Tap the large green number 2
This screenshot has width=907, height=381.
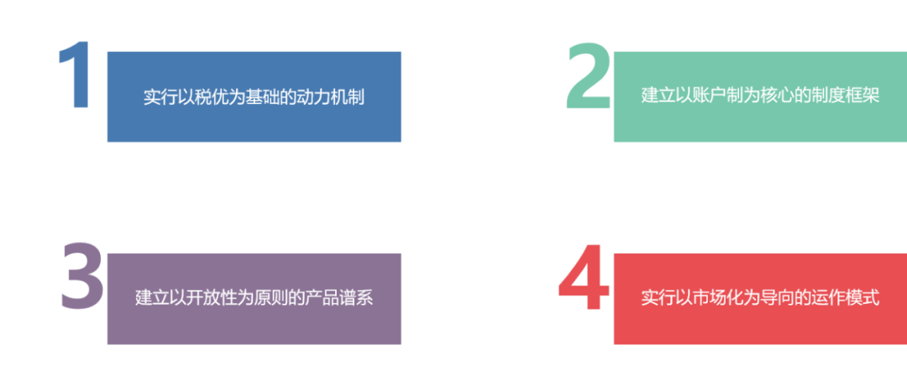(588, 76)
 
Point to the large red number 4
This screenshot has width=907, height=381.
(584, 279)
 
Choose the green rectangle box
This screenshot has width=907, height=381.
(759, 122)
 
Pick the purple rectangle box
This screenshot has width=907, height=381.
(254, 323)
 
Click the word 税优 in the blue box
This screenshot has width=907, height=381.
(212, 96)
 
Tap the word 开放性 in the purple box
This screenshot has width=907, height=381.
(212, 298)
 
